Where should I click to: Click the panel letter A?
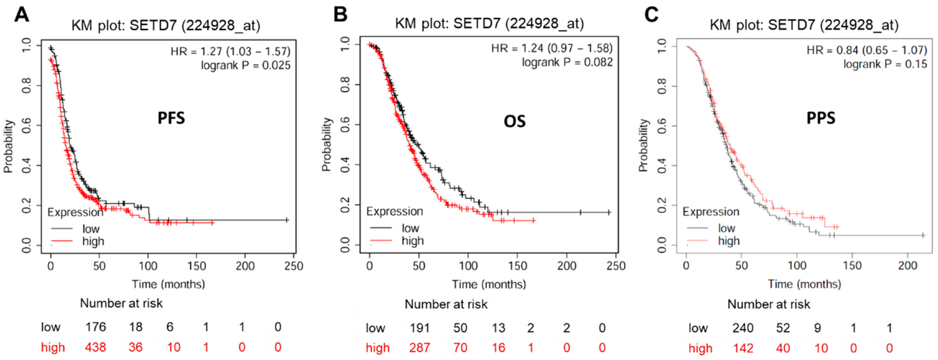(x=21, y=15)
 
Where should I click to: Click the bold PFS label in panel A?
(x=171, y=118)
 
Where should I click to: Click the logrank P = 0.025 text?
(x=246, y=65)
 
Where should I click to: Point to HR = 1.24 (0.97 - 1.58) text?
(x=552, y=48)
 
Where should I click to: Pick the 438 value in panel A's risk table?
(x=95, y=347)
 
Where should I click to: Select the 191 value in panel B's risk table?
(x=420, y=328)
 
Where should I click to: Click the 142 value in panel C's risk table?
(x=743, y=348)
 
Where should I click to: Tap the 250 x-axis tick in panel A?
(x=293, y=266)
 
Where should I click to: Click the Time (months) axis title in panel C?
(x=804, y=284)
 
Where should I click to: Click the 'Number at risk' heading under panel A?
(x=121, y=303)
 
